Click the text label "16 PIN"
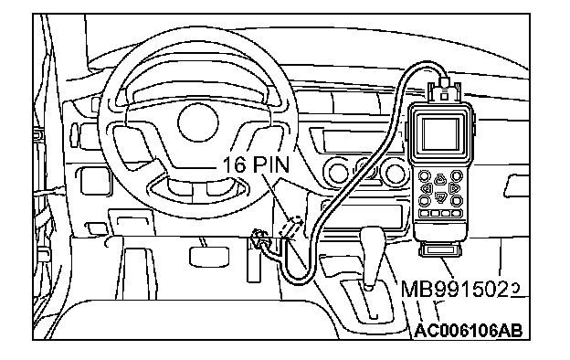coord(256,164)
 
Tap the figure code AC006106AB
coord(469,331)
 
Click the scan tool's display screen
coord(440,133)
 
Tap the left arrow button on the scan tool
coord(427,188)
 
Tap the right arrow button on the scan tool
coord(453,188)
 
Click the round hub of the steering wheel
coord(198,122)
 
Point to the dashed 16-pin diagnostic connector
coord(292,227)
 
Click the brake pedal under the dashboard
coord(209,256)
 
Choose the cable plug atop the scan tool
coord(444,90)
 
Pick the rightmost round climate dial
coord(396,174)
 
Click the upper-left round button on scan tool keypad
coord(424,176)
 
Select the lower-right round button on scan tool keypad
coord(456,200)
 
